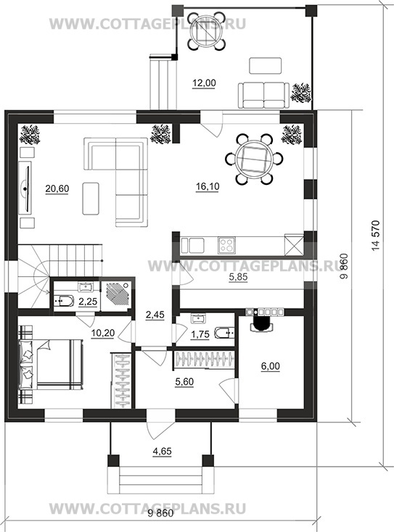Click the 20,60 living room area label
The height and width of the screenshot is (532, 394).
pos(57,188)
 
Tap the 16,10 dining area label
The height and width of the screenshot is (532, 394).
pos(208,187)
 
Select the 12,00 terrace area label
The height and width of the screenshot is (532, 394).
pos(204,83)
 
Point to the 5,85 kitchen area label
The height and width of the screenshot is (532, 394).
pos(238,277)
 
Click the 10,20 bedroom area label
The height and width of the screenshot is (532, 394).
pos(102,333)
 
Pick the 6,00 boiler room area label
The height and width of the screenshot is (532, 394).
pos(271,367)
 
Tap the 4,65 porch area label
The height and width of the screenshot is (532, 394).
pos(162,452)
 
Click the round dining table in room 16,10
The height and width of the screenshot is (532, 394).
pos(255,159)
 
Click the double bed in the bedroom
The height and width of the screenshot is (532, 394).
pos(51,364)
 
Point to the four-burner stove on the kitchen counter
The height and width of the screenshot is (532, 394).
pos(226,245)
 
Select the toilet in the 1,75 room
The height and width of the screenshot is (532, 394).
pos(224,333)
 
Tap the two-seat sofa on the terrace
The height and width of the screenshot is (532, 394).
pos(263,96)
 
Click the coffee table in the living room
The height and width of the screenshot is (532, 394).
pos(91,199)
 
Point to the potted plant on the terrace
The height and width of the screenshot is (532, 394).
pos(301,93)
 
